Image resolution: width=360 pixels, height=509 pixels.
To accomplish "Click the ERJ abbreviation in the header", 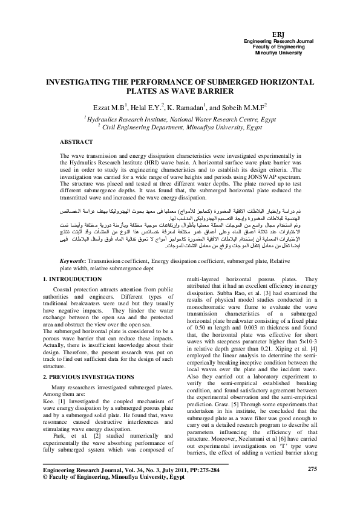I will pyautogui.click(x=279, y=34).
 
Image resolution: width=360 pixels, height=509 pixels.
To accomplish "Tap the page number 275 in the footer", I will pyautogui.click(x=312, y=485).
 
